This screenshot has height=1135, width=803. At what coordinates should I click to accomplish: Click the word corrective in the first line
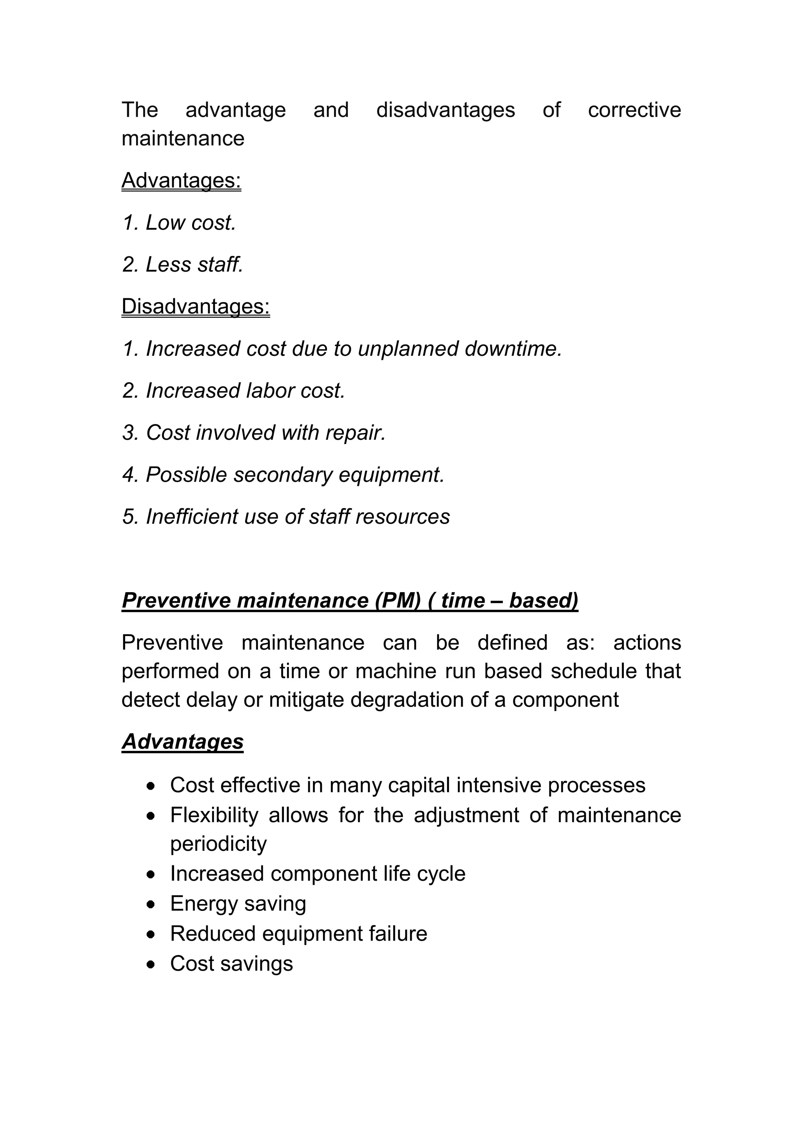click(x=634, y=110)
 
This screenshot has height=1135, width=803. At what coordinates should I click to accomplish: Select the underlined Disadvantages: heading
click(x=195, y=306)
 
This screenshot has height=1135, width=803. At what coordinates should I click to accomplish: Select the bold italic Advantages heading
click(x=182, y=742)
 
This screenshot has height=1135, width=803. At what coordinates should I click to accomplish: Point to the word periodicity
click(x=218, y=844)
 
